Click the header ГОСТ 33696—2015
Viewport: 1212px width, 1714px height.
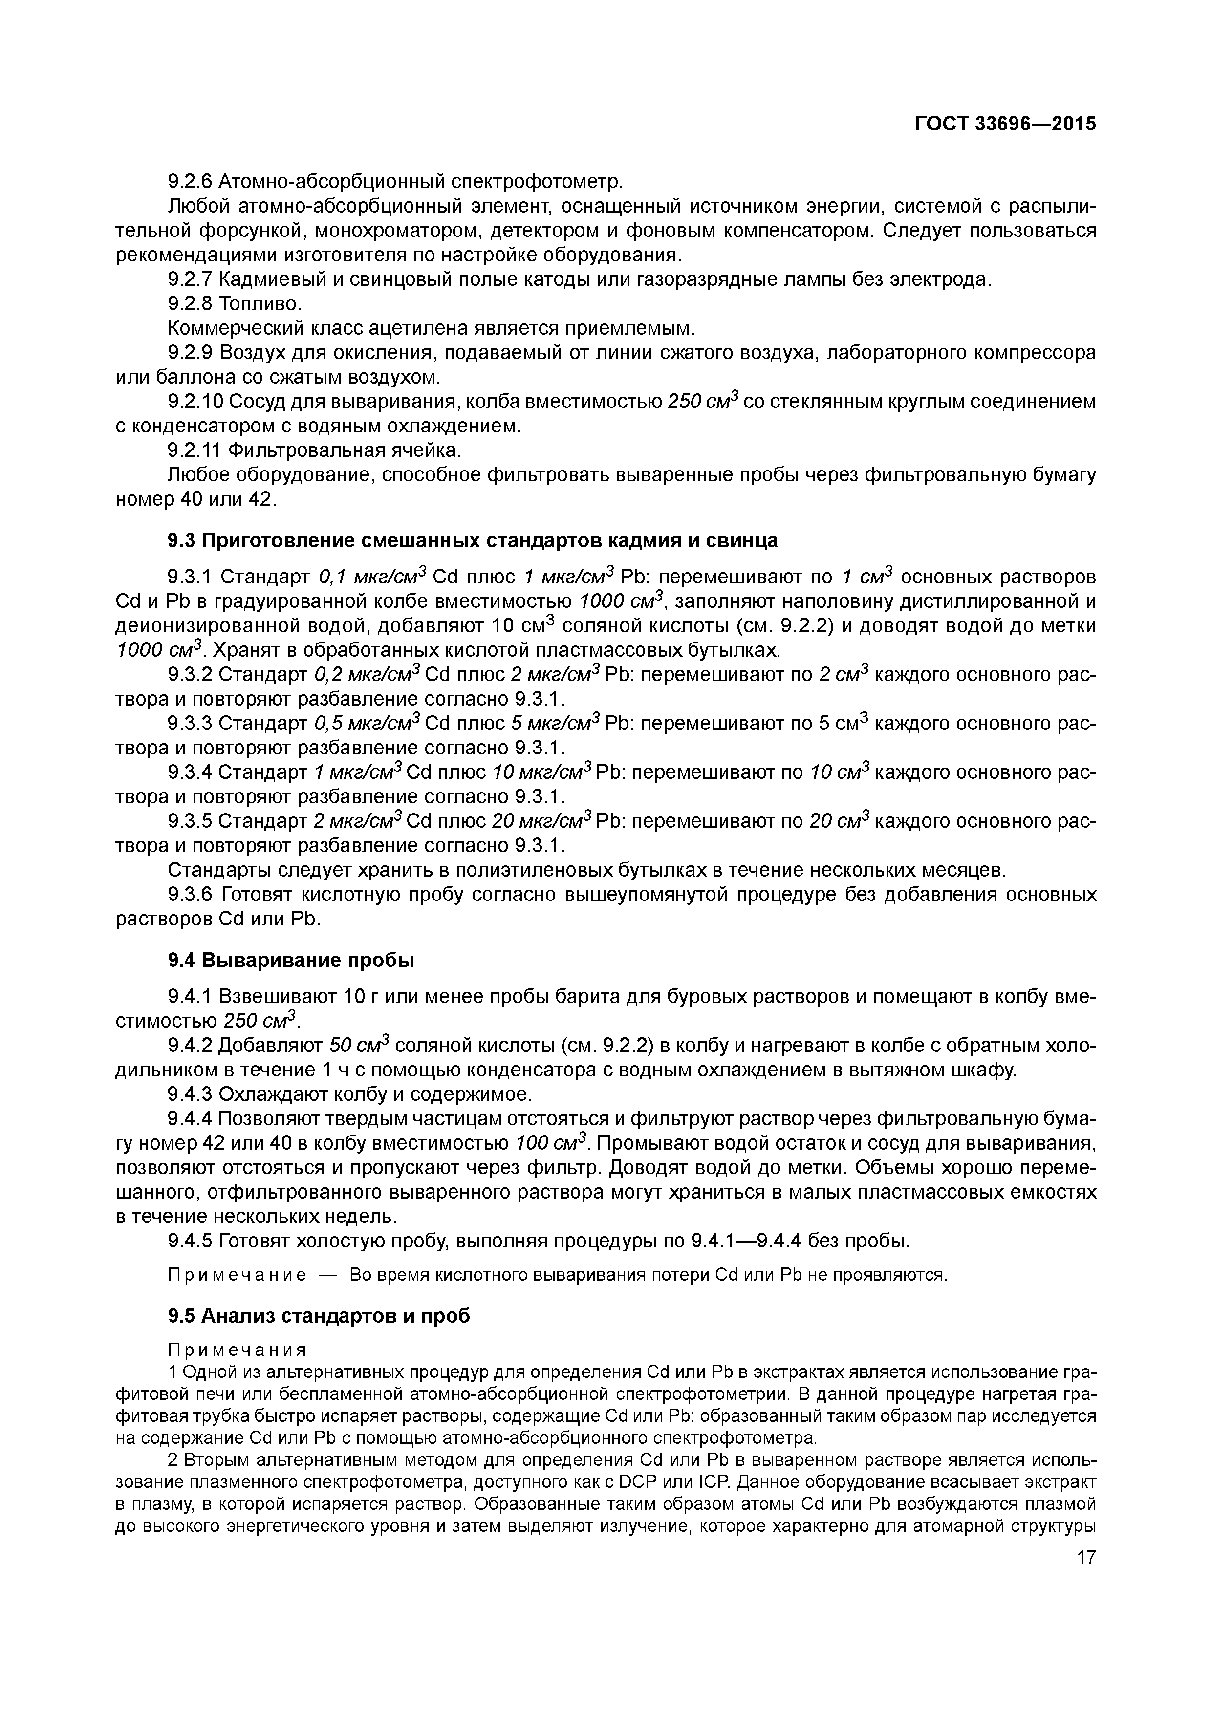coord(1005,124)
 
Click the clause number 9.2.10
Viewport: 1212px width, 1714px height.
coord(195,402)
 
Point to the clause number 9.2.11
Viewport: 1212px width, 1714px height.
coord(195,450)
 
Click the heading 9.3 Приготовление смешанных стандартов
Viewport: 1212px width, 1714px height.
coord(473,540)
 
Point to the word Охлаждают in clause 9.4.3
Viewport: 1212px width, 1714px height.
coord(271,1094)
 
